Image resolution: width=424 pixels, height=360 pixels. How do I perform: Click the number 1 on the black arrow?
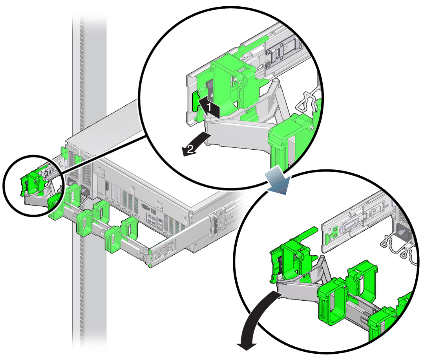tap(209, 107)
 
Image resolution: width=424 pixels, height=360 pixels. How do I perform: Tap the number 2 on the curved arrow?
tap(191, 149)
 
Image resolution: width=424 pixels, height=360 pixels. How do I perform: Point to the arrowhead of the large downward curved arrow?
tap(247, 346)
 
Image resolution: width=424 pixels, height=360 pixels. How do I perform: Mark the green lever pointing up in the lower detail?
tap(305, 234)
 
